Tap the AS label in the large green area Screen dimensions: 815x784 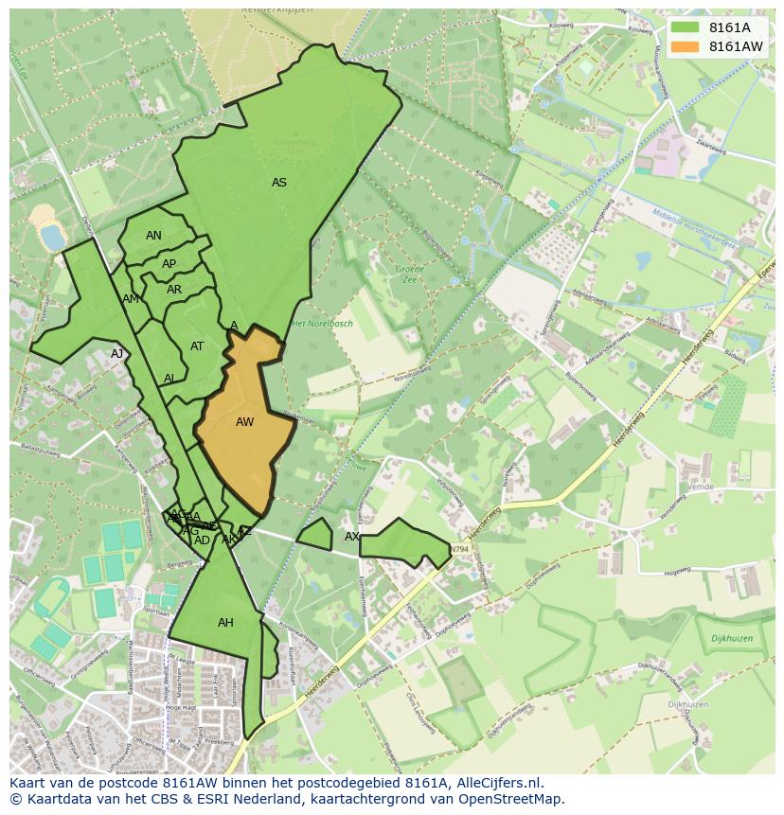(279, 183)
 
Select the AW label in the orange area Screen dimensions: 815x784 (244, 422)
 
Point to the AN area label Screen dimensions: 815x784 (153, 236)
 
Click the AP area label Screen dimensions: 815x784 (169, 264)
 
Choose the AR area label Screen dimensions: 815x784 (174, 290)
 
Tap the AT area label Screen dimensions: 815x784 (197, 346)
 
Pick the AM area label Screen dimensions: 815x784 (131, 299)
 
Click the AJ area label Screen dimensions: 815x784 (116, 354)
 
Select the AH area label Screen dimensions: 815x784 (225, 623)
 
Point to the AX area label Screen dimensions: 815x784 (351, 537)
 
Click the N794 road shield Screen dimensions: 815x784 (459, 549)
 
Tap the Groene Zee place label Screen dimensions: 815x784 (410, 275)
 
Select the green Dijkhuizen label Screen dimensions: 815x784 (731, 639)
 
